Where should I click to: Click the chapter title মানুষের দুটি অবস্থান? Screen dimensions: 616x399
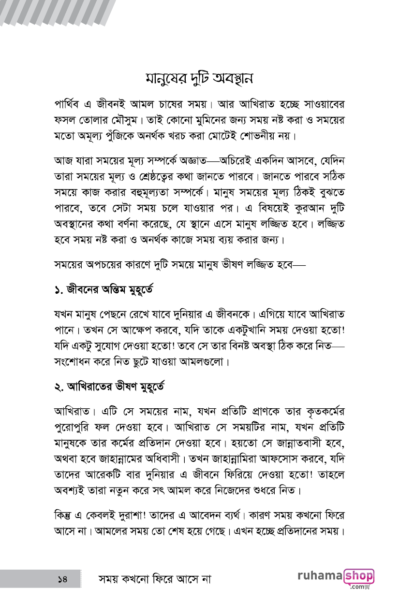pyautogui.click(x=199, y=78)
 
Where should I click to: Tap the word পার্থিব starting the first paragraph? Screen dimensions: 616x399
pyautogui.click(x=71, y=105)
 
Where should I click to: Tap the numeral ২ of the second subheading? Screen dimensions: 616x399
pyautogui.click(x=58, y=387)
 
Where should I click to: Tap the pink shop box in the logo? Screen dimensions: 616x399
pyautogui.click(x=358, y=577)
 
